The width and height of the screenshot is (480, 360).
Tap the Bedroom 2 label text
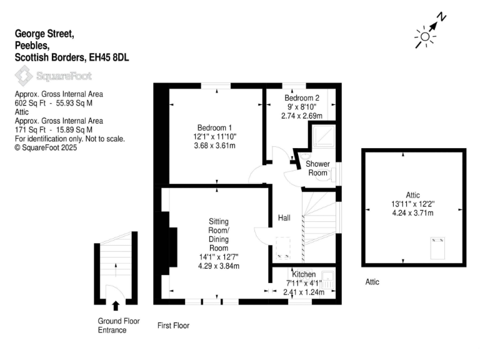pos(302,98)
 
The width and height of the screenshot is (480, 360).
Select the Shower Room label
pos(317,168)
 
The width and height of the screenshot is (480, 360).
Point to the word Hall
pos(284,217)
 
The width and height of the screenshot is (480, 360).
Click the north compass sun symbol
pos(425,37)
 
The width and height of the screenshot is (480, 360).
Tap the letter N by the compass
pos(441,17)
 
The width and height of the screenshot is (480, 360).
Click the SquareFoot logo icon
pos(24,76)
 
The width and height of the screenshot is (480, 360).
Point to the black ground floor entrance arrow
pos(116,306)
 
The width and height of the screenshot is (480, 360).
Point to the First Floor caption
pos(173,326)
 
